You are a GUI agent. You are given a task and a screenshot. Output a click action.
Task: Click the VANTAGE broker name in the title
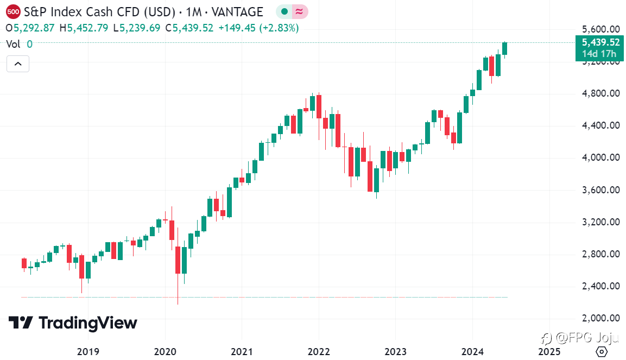[238, 11]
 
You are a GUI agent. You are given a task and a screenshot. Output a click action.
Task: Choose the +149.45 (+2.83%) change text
[258, 28]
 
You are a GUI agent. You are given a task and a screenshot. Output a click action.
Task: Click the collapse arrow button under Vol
[18, 64]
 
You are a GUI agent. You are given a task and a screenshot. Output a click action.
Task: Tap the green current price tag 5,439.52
[600, 43]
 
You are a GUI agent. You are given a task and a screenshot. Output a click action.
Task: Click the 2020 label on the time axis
[165, 352]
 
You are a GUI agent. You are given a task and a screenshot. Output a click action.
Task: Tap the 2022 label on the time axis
[319, 352]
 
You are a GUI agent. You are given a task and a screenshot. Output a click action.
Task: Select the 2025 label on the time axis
[548, 352]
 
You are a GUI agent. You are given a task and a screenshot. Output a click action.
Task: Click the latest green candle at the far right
[505, 49]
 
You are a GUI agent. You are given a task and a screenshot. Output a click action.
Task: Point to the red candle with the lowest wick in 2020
[178, 261]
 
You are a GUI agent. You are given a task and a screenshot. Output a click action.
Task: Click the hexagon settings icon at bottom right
[601, 352]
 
